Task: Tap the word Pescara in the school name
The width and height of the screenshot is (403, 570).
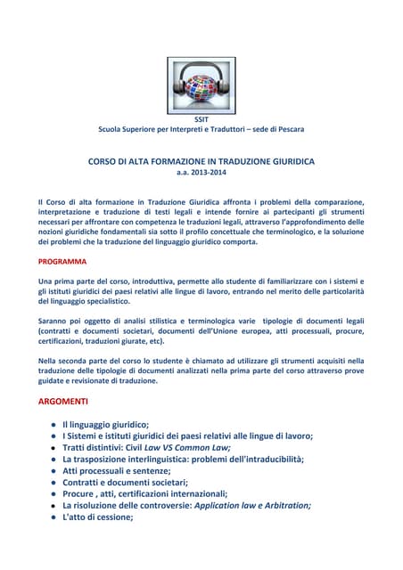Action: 286,129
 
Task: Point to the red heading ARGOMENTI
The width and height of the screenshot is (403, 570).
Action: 63,403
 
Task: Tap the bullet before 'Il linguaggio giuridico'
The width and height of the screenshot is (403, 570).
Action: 53,425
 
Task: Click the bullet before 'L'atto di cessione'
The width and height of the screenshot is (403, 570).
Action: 53,517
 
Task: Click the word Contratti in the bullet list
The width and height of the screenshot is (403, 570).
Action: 86,483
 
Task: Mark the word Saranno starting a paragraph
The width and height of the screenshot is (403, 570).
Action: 55,320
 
